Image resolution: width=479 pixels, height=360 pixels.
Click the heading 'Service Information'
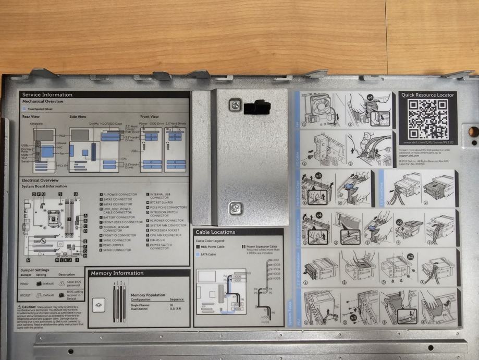[x=47, y=95]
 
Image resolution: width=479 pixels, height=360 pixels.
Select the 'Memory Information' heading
[x=117, y=273]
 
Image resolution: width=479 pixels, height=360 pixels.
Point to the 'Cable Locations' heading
[x=215, y=232]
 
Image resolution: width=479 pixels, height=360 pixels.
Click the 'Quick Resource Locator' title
[x=427, y=95]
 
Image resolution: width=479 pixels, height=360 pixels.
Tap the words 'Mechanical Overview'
[x=43, y=101]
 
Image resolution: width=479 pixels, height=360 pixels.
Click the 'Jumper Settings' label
[x=35, y=270]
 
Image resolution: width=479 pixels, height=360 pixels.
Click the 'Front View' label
[x=150, y=116]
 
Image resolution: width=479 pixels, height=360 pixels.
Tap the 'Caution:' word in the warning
[x=29, y=308]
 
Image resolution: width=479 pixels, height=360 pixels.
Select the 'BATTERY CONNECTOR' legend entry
[x=119, y=217]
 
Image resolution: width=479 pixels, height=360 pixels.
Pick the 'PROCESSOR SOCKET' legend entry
[x=167, y=230]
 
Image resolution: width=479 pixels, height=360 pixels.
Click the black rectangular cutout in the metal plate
[x=257, y=108]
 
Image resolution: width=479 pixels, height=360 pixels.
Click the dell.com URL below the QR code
[x=427, y=142]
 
